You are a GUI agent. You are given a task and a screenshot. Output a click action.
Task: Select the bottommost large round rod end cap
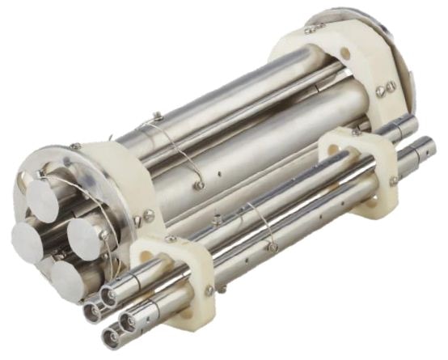[68, 279]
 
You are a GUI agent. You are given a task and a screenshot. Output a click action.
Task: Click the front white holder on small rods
[174, 279]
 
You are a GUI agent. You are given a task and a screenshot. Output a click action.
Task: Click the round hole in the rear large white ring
[345, 54]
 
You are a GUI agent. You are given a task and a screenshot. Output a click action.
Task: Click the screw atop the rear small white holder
[356, 132]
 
